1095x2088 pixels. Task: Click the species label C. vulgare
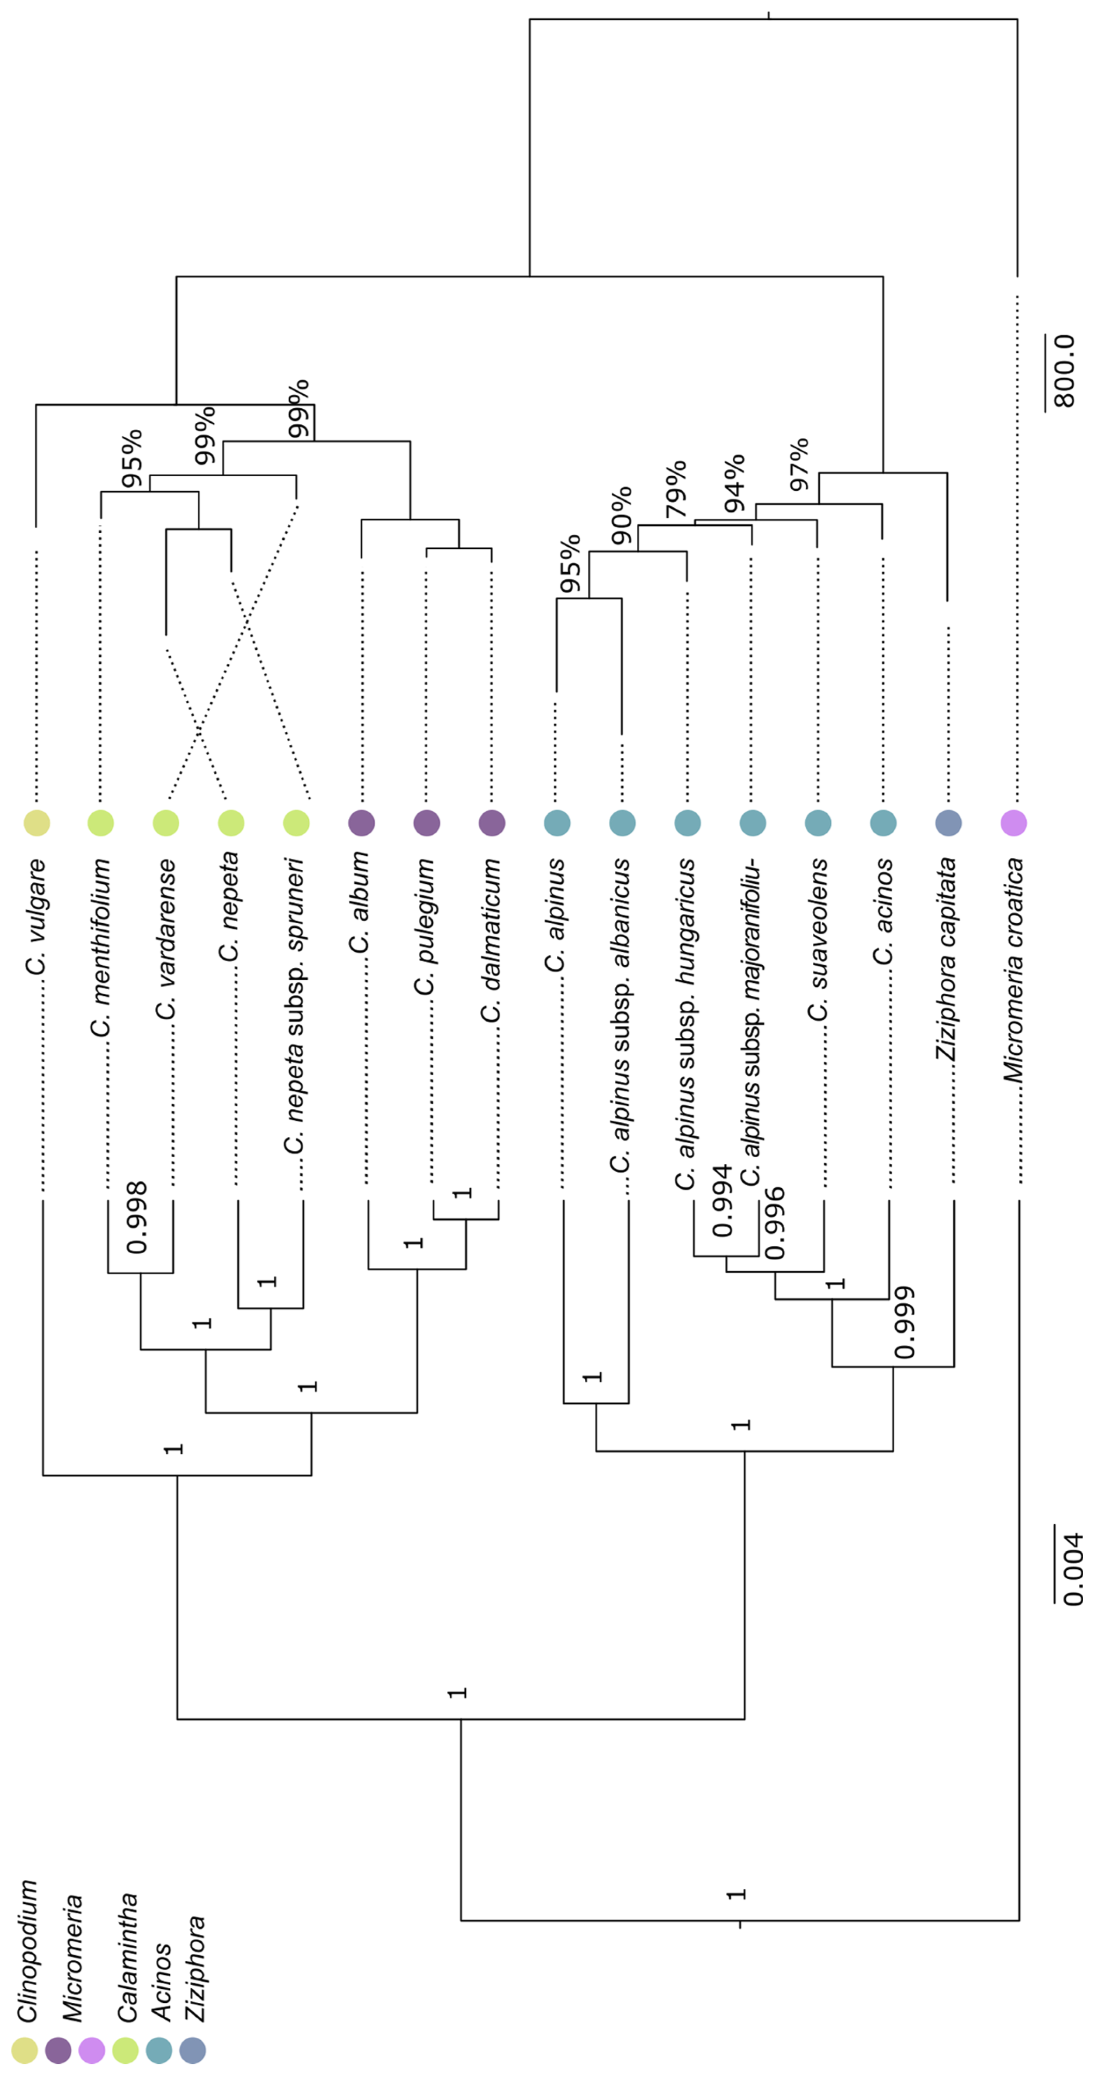point(35,916)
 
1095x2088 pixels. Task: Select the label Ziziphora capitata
point(947,959)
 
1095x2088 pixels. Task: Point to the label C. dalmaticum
point(491,940)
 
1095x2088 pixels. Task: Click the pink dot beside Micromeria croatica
point(1013,823)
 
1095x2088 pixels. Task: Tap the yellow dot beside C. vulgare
point(37,823)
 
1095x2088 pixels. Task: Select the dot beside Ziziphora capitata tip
point(947,823)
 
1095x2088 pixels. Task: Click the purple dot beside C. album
point(361,823)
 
